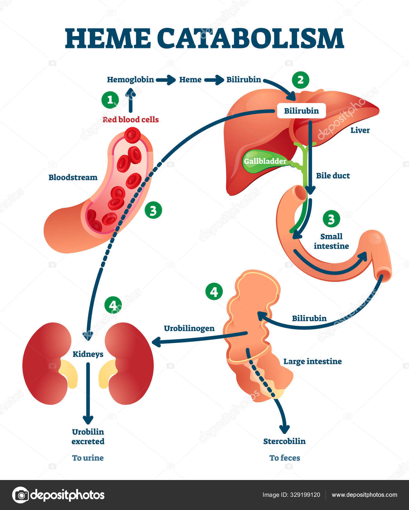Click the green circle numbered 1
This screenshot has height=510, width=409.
click(110, 100)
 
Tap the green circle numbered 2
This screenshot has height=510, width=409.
click(300, 80)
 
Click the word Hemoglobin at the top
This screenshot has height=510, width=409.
click(130, 79)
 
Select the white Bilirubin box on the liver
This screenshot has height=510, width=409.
click(301, 111)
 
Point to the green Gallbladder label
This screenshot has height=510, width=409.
click(265, 161)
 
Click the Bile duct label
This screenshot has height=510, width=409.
click(333, 175)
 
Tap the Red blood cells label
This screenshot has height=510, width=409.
click(131, 119)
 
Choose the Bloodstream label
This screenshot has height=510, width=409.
click(73, 177)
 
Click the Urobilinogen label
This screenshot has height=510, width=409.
click(189, 328)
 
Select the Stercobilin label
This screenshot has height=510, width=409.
click(284, 441)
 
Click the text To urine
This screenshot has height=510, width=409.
click(88, 458)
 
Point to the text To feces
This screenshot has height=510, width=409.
click(284, 458)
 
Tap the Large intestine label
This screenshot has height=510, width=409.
click(312, 361)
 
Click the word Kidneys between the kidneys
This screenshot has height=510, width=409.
click(88, 354)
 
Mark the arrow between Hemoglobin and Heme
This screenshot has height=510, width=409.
click(166, 80)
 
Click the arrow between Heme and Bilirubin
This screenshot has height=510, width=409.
click(214, 80)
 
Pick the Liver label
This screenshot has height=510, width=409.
click(360, 130)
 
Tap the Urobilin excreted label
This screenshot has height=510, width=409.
click(88, 436)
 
